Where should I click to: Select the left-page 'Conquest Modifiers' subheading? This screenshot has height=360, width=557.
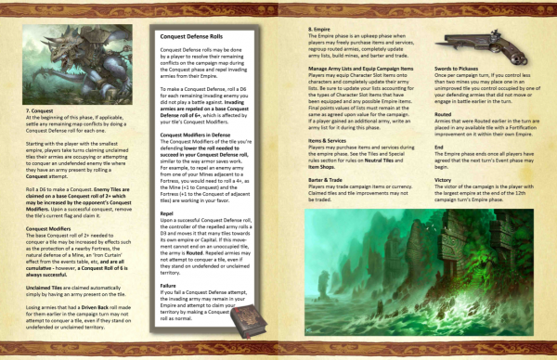[50, 226]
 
